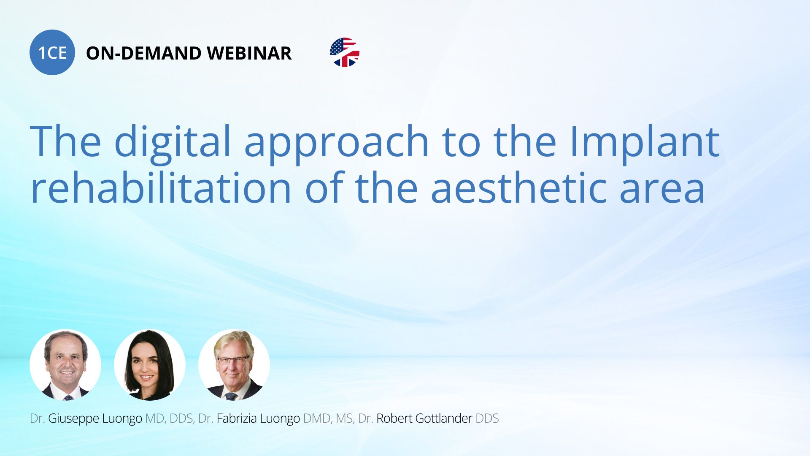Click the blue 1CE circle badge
tap(52, 52)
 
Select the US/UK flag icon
tap(345, 52)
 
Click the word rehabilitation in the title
tap(161, 188)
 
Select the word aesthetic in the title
tap(518, 188)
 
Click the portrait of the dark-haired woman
tap(150, 365)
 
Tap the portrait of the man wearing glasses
tap(234, 365)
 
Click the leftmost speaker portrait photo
tap(65, 365)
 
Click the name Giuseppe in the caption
tap(74, 419)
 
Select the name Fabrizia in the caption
tap(237, 418)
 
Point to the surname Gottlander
tap(444, 418)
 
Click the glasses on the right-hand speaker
tap(233, 361)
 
